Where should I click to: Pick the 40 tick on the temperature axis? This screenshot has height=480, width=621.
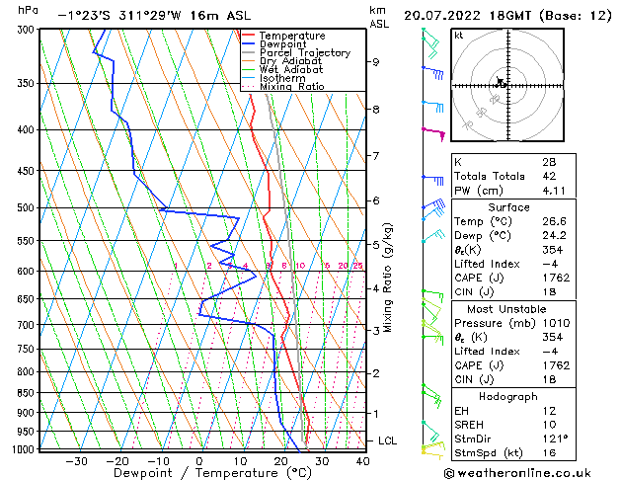coord(362,461)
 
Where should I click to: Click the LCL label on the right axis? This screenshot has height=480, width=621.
coord(389,440)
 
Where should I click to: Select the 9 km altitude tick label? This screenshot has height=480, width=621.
coord(376,61)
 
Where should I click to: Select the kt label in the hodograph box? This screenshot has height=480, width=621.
coord(459,36)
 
